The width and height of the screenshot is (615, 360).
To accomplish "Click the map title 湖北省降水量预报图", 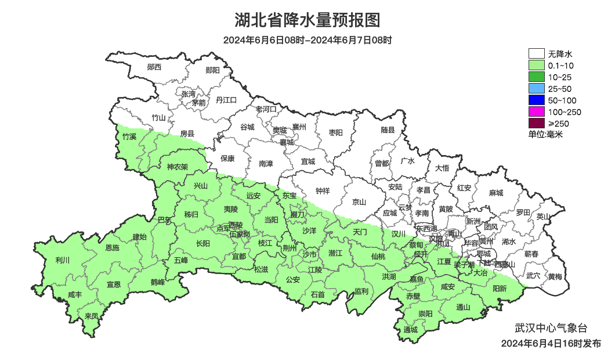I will pos(307,20).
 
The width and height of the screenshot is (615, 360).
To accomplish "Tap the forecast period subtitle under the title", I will pos(307,40).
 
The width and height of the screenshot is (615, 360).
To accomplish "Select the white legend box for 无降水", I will pos(536,54).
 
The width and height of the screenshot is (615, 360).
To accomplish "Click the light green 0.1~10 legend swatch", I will pos(536,66).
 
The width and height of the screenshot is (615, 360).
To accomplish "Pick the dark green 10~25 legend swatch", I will pos(536,77).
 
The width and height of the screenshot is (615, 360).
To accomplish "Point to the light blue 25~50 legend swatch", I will pos(536,89).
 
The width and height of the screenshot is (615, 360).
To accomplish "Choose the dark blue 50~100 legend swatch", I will pos(536,100).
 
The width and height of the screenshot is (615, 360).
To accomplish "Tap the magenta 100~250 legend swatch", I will pos(536,112).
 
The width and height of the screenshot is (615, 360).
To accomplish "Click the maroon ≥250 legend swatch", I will pos(536,123).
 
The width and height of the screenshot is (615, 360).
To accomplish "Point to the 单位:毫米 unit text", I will pos(545,135).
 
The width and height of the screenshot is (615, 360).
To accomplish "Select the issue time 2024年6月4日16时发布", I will pos(551,344).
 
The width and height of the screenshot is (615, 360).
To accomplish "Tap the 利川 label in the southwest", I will pos(62,260).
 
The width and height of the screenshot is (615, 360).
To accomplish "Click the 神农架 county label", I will pos(177,167).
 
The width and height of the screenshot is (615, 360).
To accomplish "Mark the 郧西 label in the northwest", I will pos(154,67).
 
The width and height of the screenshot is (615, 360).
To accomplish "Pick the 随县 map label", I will pos(388,130).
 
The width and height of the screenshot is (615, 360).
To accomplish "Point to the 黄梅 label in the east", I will pos(555,276).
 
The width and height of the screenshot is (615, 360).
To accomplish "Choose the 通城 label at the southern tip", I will pos(411,330).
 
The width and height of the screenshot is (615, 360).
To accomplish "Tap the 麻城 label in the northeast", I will pos(495,193).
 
